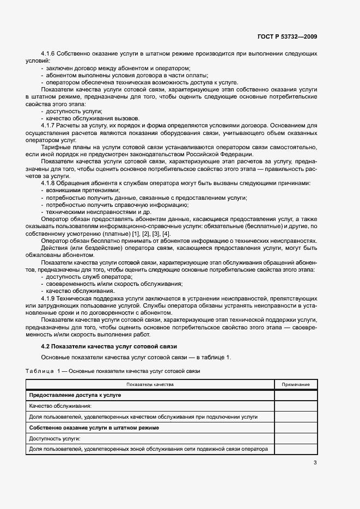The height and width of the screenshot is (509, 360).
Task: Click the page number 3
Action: tap(315, 463)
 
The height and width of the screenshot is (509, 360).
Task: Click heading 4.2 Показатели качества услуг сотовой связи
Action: tap(109, 347)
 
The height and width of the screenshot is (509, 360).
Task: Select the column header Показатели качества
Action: tap(150, 384)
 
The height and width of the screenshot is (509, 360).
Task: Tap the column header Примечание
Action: tap(296, 384)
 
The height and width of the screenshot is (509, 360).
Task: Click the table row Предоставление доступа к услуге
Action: tap(75, 395)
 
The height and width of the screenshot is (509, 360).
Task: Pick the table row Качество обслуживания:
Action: tap(60, 406)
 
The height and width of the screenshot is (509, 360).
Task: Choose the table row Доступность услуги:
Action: tap(55, 438)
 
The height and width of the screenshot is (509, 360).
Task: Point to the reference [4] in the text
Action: tap(167, 233)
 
